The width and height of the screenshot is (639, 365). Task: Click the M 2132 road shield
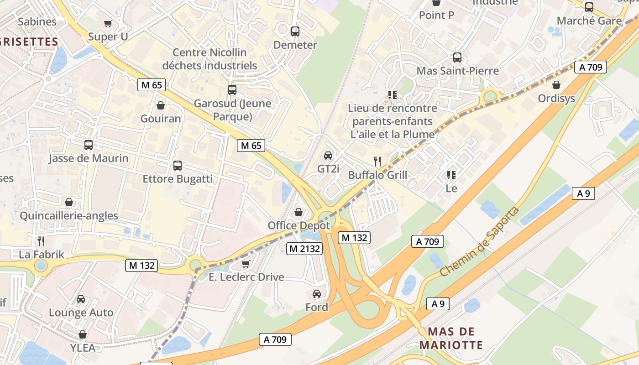pos(304,249)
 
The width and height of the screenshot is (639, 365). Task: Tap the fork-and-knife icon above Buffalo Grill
pos(377,161)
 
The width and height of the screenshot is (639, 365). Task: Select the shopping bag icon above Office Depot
pos(299,212)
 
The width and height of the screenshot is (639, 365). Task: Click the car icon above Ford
pos(317,294)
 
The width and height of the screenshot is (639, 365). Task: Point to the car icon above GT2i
pos(328,156)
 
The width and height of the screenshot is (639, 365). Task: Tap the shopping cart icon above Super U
pos(108,23)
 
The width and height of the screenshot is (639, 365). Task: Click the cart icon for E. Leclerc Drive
pos(246,264)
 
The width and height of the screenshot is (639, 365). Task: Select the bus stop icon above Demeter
pos(295,31)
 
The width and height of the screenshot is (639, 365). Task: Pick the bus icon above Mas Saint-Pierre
pos(457,57)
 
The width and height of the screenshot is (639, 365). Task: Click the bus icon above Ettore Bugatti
pos(178,166)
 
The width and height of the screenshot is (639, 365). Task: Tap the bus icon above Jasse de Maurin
pos(89,145)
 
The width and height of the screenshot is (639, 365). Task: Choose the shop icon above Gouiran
pos(161,106)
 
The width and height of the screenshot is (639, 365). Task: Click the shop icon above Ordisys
pos(556,85)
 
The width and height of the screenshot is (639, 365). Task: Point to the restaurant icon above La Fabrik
pos(42,241)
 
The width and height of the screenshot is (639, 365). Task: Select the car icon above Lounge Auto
pos(81,299)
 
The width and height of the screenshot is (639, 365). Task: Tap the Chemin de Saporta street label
pos(480,241)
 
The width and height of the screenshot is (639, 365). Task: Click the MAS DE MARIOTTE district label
pos(451,338)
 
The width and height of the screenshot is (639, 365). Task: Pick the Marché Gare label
pos(589,21)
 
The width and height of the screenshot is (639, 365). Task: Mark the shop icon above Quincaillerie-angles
pos(69,202)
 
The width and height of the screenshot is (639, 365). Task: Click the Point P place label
pos(437,15)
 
